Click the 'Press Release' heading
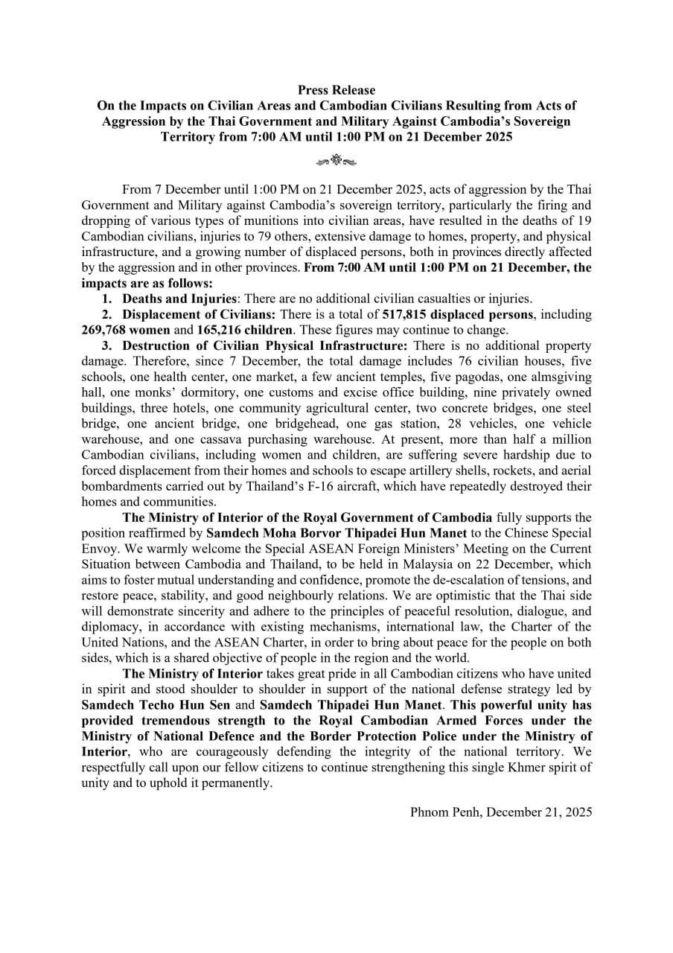click(x=336, y=90)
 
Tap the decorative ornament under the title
click(x=336, y=159)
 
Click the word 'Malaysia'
click(x=441, y=564)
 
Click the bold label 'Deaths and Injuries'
click(x=179, y=299)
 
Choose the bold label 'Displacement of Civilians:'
click(x=199, y=314)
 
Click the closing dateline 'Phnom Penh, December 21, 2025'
click(x=501, y=812)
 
